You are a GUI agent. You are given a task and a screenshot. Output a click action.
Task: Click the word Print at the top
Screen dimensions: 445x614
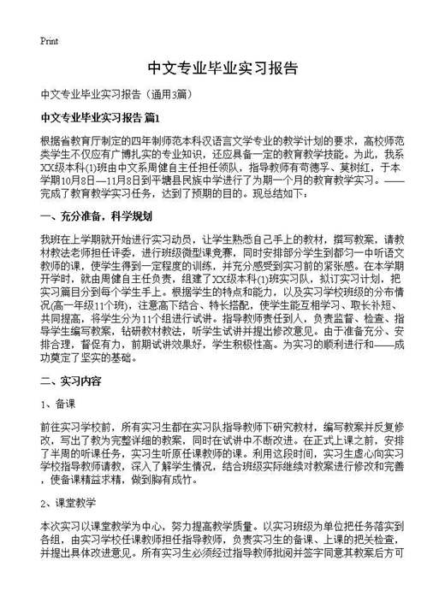coord(49,40)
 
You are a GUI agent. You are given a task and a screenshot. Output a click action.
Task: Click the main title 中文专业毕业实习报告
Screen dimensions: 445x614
coord(222,68)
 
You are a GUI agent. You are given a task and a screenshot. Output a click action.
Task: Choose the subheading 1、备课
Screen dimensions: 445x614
coord(56,402)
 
